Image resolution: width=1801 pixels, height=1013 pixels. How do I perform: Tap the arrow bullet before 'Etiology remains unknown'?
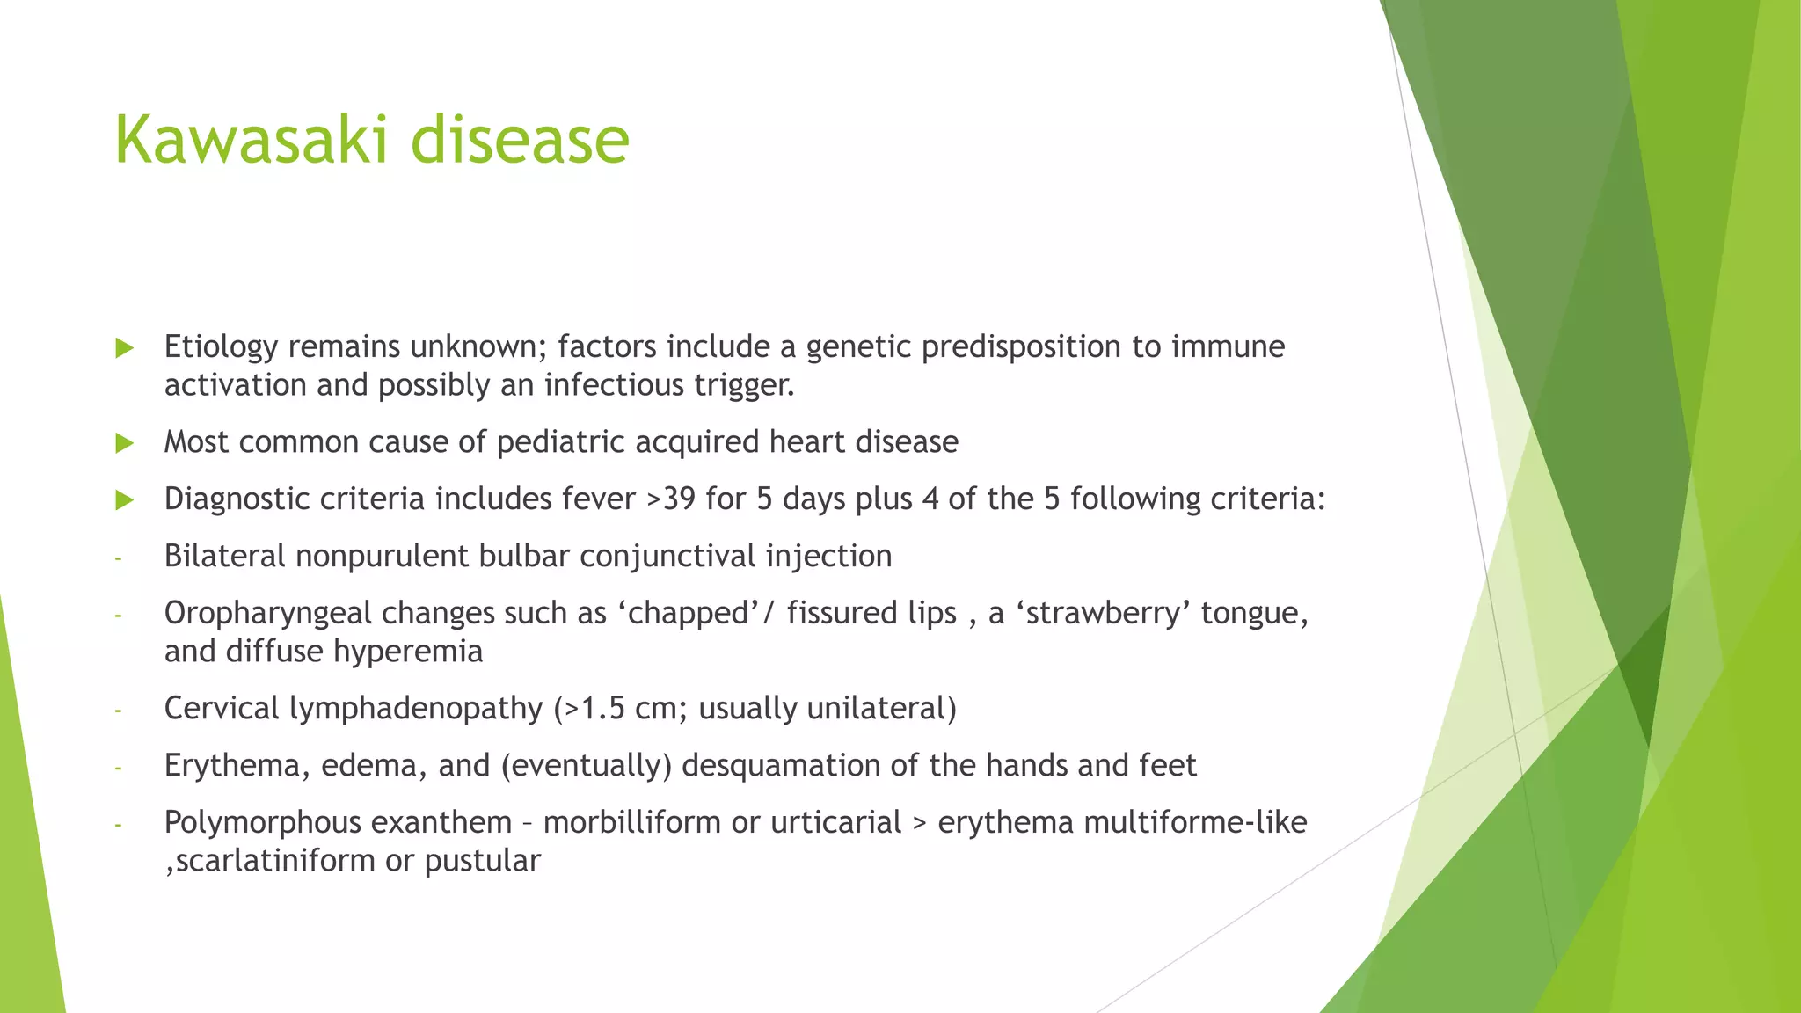coord(125,348)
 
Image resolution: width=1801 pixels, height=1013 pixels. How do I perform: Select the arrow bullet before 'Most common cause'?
coord(125,443)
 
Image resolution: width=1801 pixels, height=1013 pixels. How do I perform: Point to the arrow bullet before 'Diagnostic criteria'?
coord(125,500)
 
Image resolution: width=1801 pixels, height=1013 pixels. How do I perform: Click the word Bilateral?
coord(224,557)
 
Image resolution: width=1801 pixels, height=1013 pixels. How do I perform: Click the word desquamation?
coord(779,766)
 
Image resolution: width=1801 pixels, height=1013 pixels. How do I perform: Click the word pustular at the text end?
coord(482,861)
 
